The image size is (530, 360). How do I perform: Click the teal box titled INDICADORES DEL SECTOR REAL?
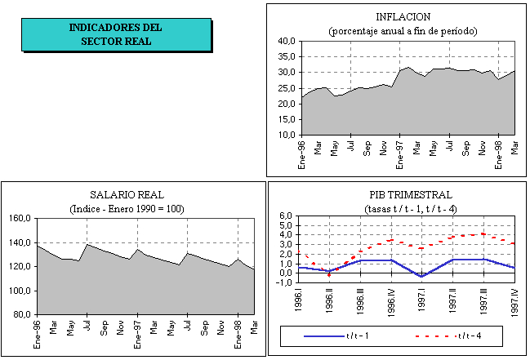point(116,34)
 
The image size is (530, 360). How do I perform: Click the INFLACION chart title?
point(403,16)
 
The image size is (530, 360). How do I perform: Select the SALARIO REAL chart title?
point(127,195)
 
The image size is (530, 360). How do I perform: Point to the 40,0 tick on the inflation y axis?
point(286,41)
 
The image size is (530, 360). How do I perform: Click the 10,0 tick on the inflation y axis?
point(286,136)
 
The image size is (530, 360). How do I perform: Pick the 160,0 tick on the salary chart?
point(18,219)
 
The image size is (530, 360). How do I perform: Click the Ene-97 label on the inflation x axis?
point(400,152)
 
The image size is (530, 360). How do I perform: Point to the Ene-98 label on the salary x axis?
point(238,331)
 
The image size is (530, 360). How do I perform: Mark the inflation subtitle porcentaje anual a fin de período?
point(403,30)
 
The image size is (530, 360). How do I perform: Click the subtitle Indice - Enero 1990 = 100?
point(127,209)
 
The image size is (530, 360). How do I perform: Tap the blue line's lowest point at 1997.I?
point(421,276)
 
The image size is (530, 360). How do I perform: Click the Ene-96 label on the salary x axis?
point(37,331)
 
